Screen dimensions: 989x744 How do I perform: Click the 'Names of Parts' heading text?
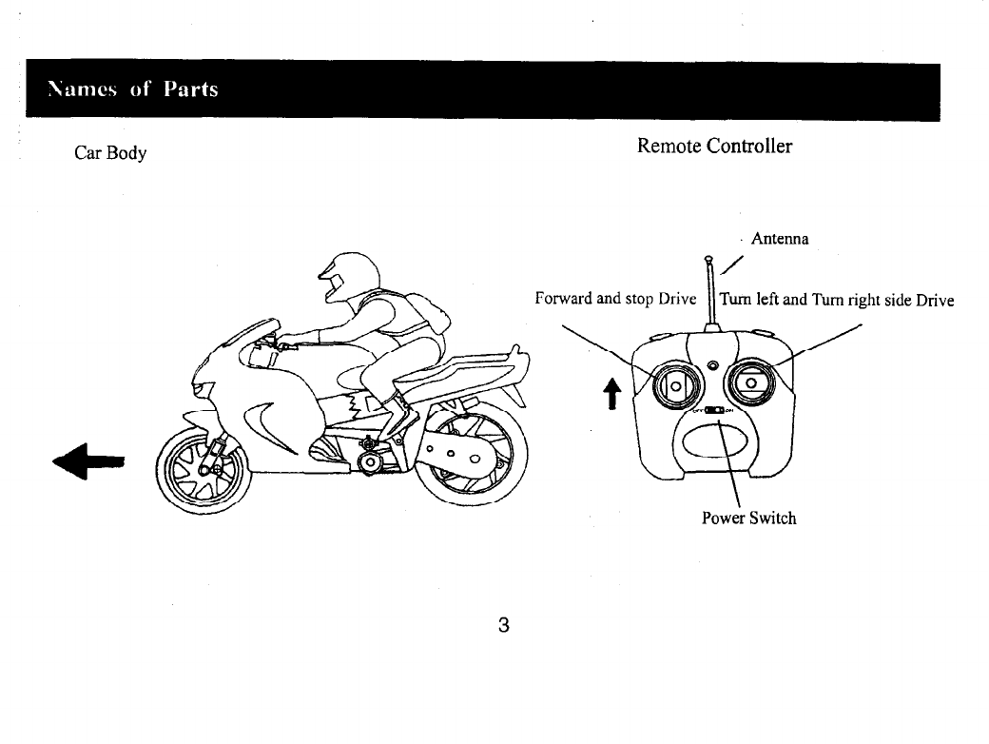pyautogui.click(x=134, y=89)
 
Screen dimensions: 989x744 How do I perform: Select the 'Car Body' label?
pyautogui.click(x=110, y=153)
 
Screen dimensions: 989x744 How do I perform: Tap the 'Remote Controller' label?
pyautogui.click(x=714, y=146)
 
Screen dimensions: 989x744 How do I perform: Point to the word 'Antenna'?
pyautogui.click(x=780, y=239)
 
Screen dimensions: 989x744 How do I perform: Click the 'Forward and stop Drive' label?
pyautogui.click(x=615, y=299)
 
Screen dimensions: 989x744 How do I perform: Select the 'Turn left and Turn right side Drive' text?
pyautogui.click(x=837, y=300)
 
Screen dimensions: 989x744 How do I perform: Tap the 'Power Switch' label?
pyautogui.click(x=748, y=519)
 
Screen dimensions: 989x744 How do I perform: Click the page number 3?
pyautogui.click(x=503, y=625)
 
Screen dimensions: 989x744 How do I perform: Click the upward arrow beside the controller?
pyautogui.click(x=613, y=389)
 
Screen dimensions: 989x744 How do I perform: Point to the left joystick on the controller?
pyautogui.click(x=676, y=384)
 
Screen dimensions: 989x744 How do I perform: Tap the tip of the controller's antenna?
pyautogui.click(x=708, y=259)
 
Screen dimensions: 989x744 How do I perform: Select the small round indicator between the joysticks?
pyautogui.click(x=713, y=366)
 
